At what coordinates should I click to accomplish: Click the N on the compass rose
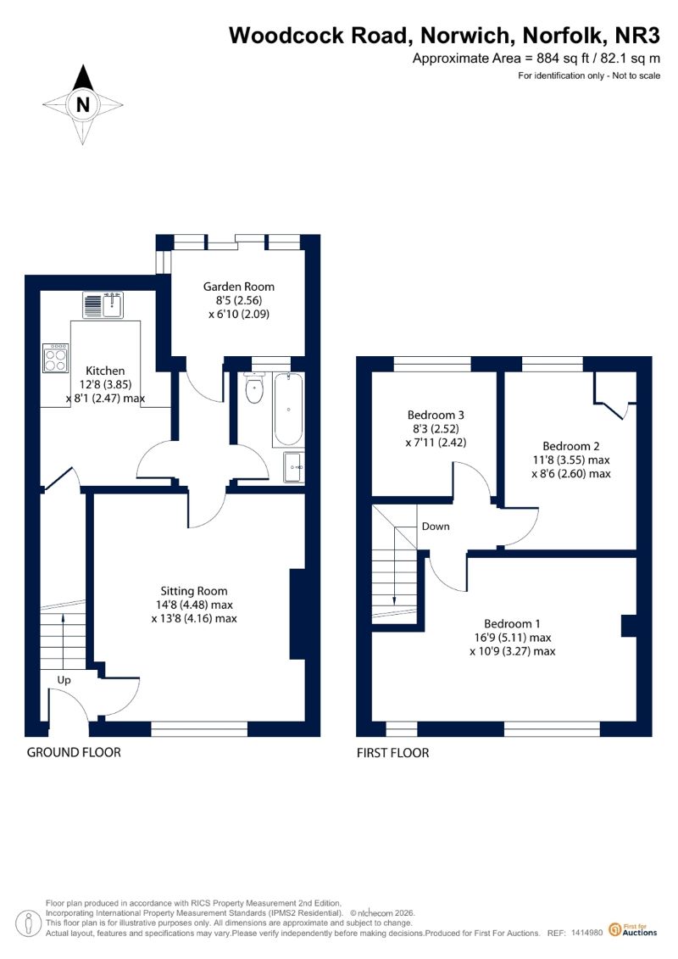82,104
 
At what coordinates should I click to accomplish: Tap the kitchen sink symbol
103,305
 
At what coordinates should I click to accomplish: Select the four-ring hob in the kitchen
56,359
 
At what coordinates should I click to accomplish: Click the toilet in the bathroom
253,388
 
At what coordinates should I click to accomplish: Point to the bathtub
287,410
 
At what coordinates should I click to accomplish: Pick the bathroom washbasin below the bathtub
293,467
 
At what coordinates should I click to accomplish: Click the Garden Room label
238,287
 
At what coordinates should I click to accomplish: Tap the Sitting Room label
194,591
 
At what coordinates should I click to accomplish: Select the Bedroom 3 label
436,415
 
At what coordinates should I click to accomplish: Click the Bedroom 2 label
571,446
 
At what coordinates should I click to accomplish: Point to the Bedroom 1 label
513,624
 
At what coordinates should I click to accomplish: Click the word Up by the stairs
64,680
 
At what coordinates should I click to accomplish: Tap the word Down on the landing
436,526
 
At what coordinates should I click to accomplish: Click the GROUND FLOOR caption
74,752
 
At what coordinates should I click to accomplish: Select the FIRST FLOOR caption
392,753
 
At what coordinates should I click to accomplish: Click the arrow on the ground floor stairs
63,641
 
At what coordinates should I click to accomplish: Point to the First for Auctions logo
633,930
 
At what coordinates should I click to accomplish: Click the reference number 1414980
587,934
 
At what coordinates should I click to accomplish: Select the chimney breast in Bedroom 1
629,626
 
